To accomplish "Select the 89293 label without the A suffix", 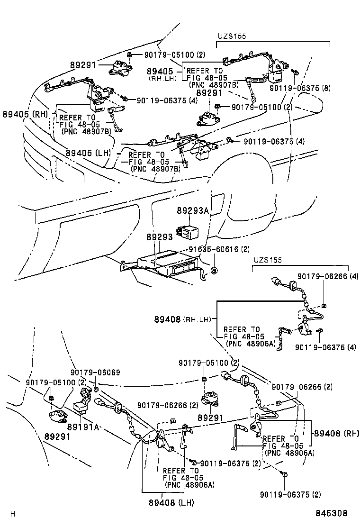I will tap(159, 237).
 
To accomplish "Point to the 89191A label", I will tap(83, 427).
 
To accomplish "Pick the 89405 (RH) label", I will tap(27, 114).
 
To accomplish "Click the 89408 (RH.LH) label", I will tap(182, 319).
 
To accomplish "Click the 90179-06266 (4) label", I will tap(328, 275).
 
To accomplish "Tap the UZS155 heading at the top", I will tap(232, 36).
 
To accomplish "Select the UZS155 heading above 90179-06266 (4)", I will tap(267, 260).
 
